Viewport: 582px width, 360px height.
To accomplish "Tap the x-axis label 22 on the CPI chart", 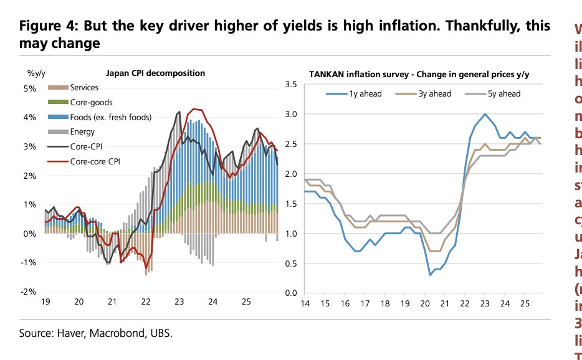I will (146, 302).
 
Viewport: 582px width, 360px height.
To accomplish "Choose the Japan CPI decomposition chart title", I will (156, 73).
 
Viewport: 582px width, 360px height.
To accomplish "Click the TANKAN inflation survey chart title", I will (419, 75).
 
